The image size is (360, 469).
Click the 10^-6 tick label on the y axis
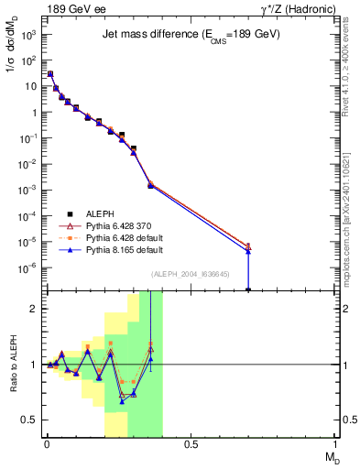coord(28,268)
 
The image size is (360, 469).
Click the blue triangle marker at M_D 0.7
coord(248,251)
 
